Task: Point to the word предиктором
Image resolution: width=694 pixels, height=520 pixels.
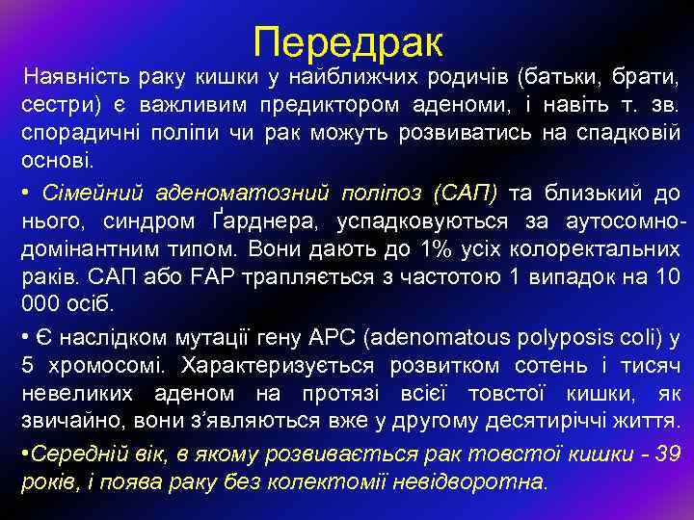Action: [307, 103]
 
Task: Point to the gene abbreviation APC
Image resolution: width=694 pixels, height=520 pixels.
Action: [336, 337]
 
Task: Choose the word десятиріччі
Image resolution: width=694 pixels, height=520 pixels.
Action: [528, 424]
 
